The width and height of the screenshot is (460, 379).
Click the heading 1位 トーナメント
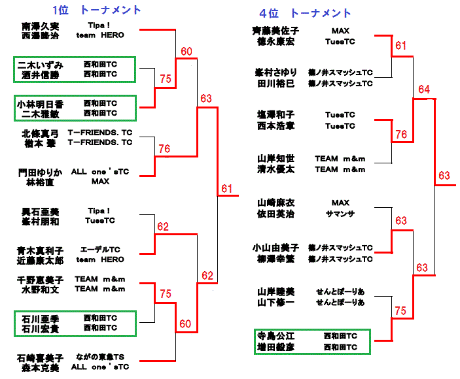97,10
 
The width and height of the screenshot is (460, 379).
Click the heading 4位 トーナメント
304,13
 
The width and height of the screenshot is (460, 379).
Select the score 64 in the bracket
423,89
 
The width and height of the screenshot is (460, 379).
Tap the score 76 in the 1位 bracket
164,149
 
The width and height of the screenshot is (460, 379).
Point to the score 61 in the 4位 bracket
400,46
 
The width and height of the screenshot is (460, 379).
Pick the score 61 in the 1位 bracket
226,189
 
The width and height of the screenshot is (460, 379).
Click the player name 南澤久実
40,26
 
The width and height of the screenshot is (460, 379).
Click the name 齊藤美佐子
276,31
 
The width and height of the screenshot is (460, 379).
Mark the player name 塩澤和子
275,114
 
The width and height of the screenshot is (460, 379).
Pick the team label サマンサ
340,214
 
